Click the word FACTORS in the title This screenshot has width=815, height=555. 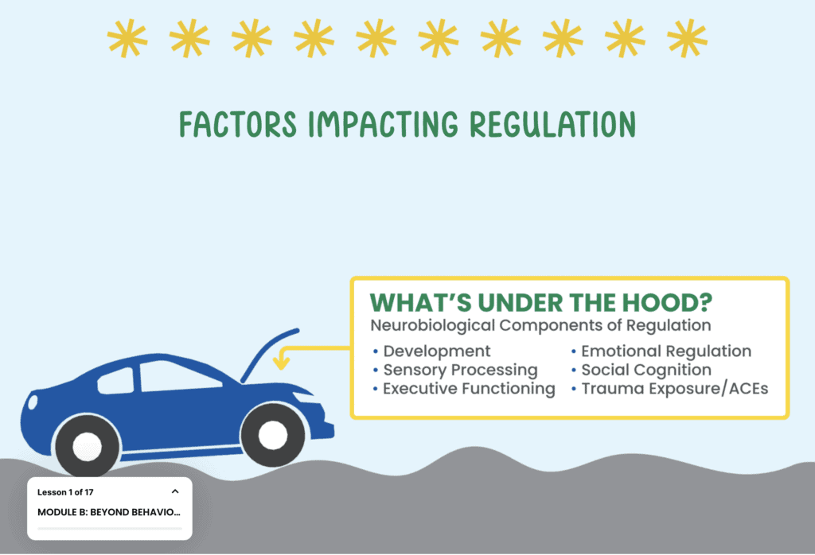click(238, 125)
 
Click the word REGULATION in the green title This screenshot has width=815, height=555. click(552, 125)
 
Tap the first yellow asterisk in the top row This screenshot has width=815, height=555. click(127, 38)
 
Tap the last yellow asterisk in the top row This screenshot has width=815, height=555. click(687, 38)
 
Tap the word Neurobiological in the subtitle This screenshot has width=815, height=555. click(432, 325)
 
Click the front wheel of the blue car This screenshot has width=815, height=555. click(272, 435)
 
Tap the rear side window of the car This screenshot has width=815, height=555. click(116, 382)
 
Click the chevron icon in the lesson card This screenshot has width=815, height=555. click(175, 491)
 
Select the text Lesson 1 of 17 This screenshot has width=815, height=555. click(65, 492)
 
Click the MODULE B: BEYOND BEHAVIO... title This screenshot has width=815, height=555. click(108, 512)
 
